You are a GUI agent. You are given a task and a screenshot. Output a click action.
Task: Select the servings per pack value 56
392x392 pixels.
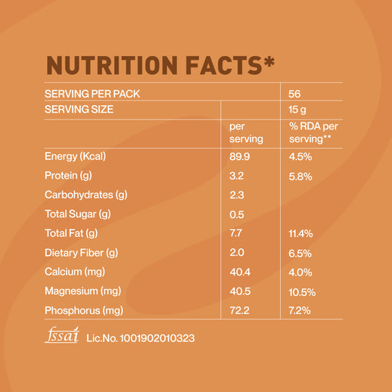coord(295,94)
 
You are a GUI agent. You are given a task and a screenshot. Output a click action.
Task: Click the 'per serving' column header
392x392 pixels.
coord(246,132)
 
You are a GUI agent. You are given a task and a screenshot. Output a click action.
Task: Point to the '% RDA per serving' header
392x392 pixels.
coord(313,132)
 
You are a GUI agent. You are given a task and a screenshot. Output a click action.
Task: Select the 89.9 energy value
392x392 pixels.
coord(240,157)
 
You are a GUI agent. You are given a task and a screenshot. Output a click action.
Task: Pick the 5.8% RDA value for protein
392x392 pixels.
coord(300,176)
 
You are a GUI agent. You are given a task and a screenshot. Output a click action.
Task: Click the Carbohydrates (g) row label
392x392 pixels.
coord(86,195)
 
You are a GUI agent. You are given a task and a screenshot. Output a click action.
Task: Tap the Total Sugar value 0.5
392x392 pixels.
coord(236,214)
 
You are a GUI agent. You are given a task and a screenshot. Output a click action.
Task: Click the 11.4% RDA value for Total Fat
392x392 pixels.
coord(301,234)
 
